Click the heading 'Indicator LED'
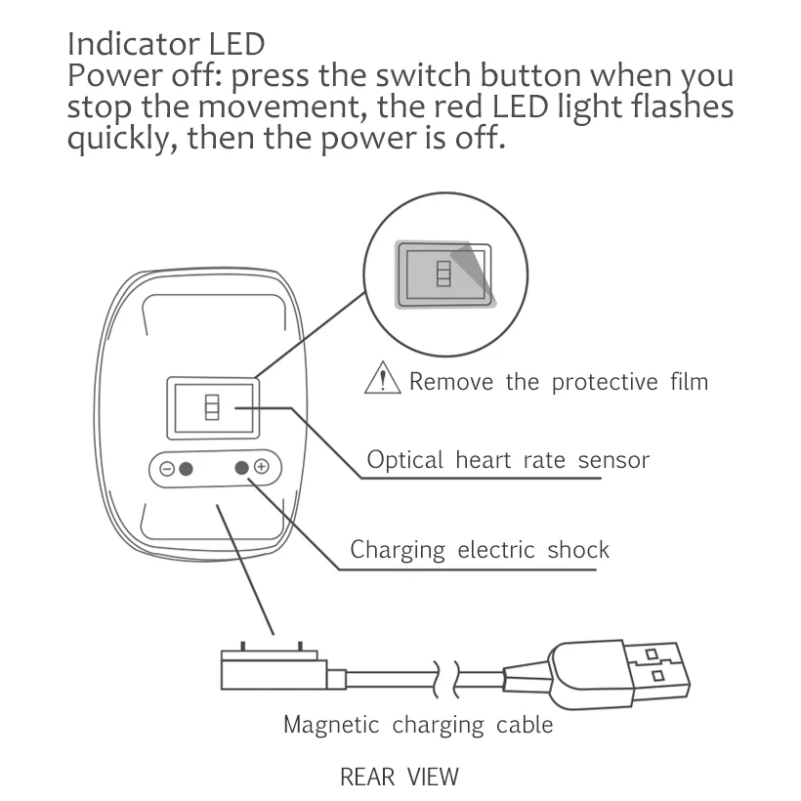(x=165, y=45)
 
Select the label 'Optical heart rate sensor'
(x=507, y=459)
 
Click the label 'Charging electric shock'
(x=479, y=550)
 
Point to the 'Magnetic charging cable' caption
(x=417, y=725)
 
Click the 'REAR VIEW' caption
(x=399, y=778)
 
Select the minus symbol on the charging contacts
(x=167, y=469)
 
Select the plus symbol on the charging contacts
(x=261, y=467)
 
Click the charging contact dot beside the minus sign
(x=186, y=469)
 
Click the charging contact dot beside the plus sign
(x=241, y=468)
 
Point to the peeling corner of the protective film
(x=474, y=259)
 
